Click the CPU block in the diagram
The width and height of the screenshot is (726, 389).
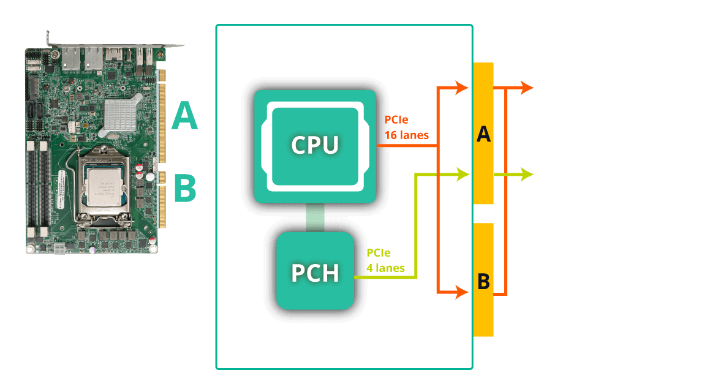(314, 146)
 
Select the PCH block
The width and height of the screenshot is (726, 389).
(315, 271)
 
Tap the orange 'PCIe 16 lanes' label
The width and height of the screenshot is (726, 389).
(404, 126)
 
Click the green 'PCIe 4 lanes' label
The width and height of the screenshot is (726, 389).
(385, 260)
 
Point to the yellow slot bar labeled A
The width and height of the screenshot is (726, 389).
(483, 134)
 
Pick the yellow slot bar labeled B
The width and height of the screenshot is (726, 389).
(483, 280)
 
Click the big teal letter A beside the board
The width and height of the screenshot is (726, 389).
(184, 116)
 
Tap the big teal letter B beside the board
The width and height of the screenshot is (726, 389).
(184, 188)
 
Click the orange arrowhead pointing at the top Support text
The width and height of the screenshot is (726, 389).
(527, 88)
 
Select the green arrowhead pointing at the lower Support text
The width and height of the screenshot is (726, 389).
(527, 175)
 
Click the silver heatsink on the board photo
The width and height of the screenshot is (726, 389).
(123, 115)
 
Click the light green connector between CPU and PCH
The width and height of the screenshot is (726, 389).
(314, 218)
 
